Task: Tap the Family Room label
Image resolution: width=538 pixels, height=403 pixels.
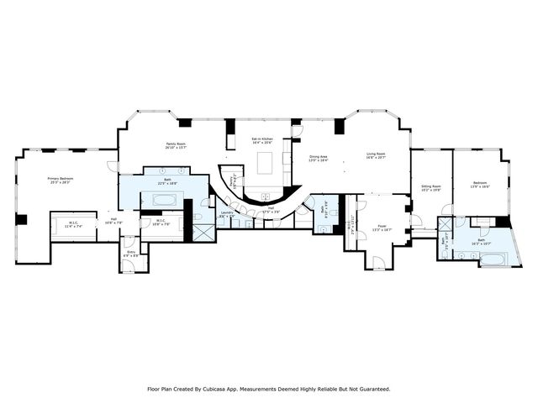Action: point(176,144)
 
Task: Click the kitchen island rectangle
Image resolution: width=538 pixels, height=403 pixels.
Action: point(266,161)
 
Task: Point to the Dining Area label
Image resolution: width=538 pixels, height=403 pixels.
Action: point(319,157)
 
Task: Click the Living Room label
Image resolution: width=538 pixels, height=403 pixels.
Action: point(376,154)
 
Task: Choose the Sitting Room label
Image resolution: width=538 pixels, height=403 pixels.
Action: point(430,187)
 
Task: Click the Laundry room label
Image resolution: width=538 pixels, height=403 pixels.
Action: point(226,213)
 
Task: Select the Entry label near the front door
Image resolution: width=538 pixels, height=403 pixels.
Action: point(131,252)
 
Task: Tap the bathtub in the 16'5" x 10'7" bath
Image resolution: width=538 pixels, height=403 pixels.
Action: point(492,259)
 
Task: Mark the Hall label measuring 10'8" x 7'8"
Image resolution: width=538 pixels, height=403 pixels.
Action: point(113,221)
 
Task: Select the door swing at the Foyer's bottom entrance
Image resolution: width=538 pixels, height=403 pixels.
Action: point(379,262)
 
